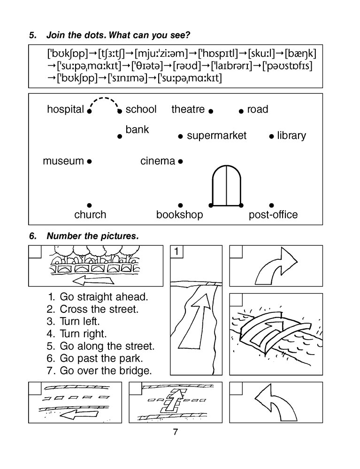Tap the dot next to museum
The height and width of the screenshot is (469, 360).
pyautogui.click(x=89, y=161)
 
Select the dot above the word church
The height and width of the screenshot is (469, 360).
pyautogui.click(x=89, y=205)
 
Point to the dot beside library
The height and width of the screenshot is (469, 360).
pyautogui.click(x=271, y=136)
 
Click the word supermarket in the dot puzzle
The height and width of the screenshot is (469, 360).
pyautogui.click(x=216, y=136)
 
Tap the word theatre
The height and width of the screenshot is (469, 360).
pyautogui.click(x=188, y=110)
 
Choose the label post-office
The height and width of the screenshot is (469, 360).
pyautogui.click(x=273, y=215)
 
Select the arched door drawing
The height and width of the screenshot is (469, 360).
pyautogui.click(x=226, y=186)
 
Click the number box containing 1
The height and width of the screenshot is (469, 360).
pyautogui.click(x=176, y=252)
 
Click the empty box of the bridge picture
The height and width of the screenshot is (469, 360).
pyautogui.click(x=236, y=300)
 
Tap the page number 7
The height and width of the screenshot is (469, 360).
pyautogui.click(x=176, y=432)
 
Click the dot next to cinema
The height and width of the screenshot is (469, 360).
pyautogui.click(x=180, y=161)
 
